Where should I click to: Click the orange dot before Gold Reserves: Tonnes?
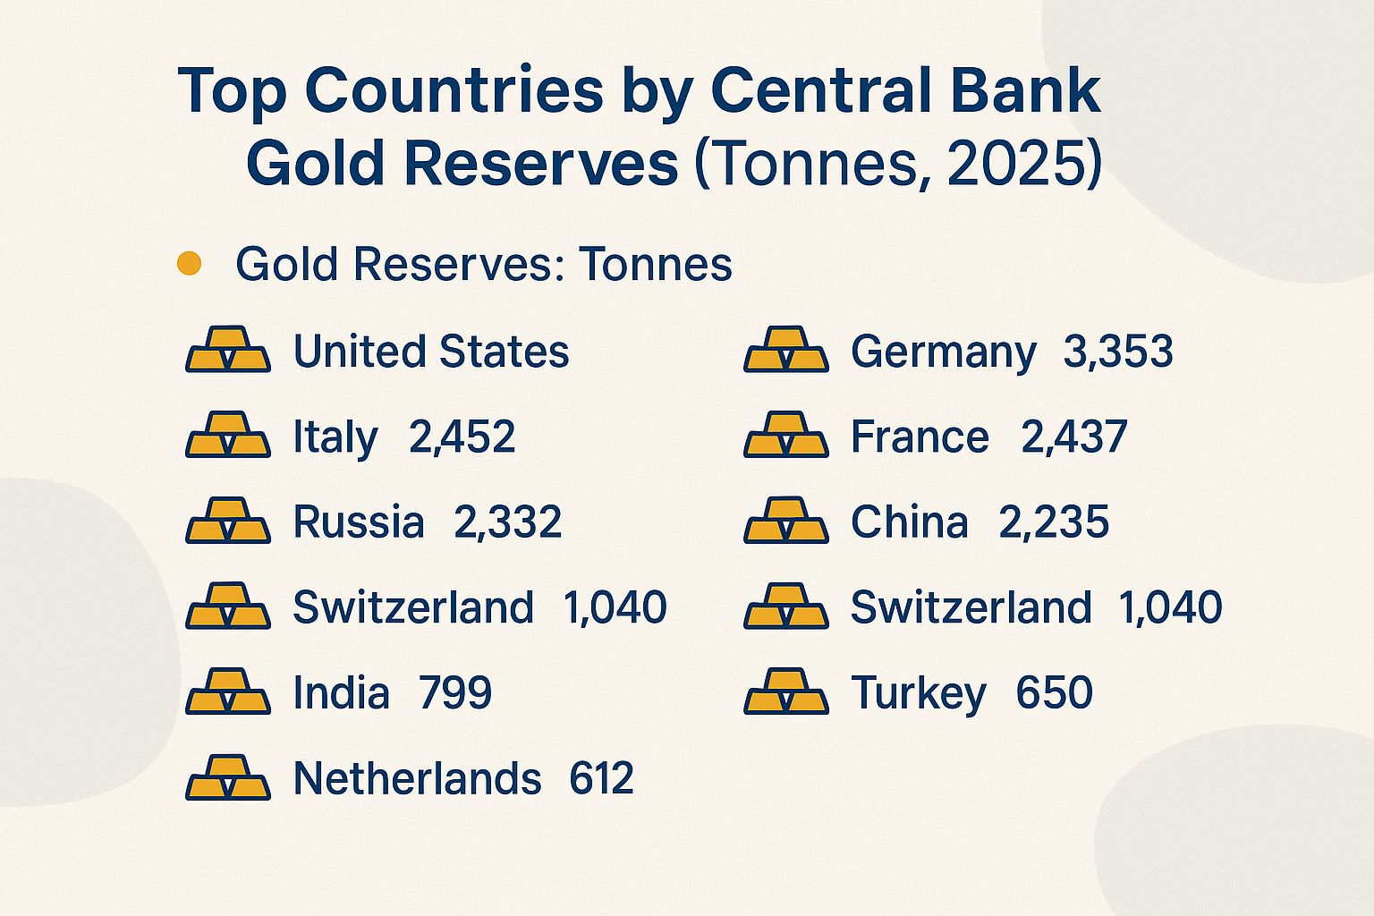click(x=189, y=264)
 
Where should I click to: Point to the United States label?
click(x=431, y=352)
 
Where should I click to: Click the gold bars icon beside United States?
click(x=227, y=349)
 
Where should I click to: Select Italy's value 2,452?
click(x=462, y=437)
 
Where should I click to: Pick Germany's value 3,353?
click(x=1118, y=352)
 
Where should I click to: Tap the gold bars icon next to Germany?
click(x=785, y=349)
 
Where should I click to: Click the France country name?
click(x=920, y=437)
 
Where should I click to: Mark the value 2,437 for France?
click(x=1073, y=437)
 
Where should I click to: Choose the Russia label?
click(x=359, y=522)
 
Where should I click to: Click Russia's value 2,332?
click(x=507, y=522)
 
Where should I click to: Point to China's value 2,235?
click(x=1054, y=522)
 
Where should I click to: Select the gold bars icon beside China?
click(x=785, y=521)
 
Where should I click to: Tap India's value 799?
click(x=455, y=693)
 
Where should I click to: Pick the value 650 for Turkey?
click(x=1054, y=693)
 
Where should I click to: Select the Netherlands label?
click(x=417, y=779)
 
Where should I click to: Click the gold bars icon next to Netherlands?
click(x=227, y=777)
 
